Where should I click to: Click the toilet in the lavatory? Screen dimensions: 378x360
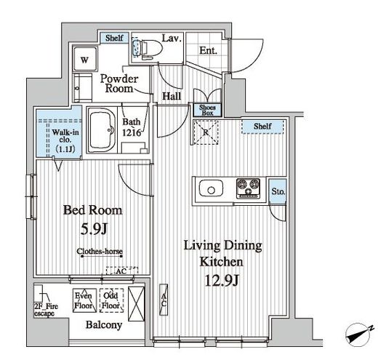point(148,49)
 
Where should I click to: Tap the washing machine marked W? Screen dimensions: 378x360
point(85,59)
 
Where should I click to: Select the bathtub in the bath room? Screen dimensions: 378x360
point(102,130)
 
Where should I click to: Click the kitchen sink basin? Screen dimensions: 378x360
point(211,190)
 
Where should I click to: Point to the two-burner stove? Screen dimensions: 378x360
point(248,188)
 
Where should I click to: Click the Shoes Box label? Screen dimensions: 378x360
point(207,110)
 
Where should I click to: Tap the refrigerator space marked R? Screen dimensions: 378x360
point(206,132)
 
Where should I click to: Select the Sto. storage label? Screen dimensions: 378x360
point(278,191)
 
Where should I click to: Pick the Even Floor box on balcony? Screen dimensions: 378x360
point(84,300)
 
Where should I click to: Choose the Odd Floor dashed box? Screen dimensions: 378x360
point(111,300)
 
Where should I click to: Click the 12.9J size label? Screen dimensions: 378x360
point(222,280)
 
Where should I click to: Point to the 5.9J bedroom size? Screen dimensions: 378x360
point(94,229)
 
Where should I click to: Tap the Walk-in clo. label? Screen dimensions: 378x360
point(65,136)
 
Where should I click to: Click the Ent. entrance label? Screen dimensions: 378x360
point(208,51)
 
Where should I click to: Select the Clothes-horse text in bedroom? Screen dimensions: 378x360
point(100,251)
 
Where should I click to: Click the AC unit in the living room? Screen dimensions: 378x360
point(164,300)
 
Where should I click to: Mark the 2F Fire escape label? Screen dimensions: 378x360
point(46,310)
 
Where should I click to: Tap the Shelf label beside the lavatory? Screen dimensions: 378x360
point(114,38)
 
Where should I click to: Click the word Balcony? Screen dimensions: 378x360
point(104,325)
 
